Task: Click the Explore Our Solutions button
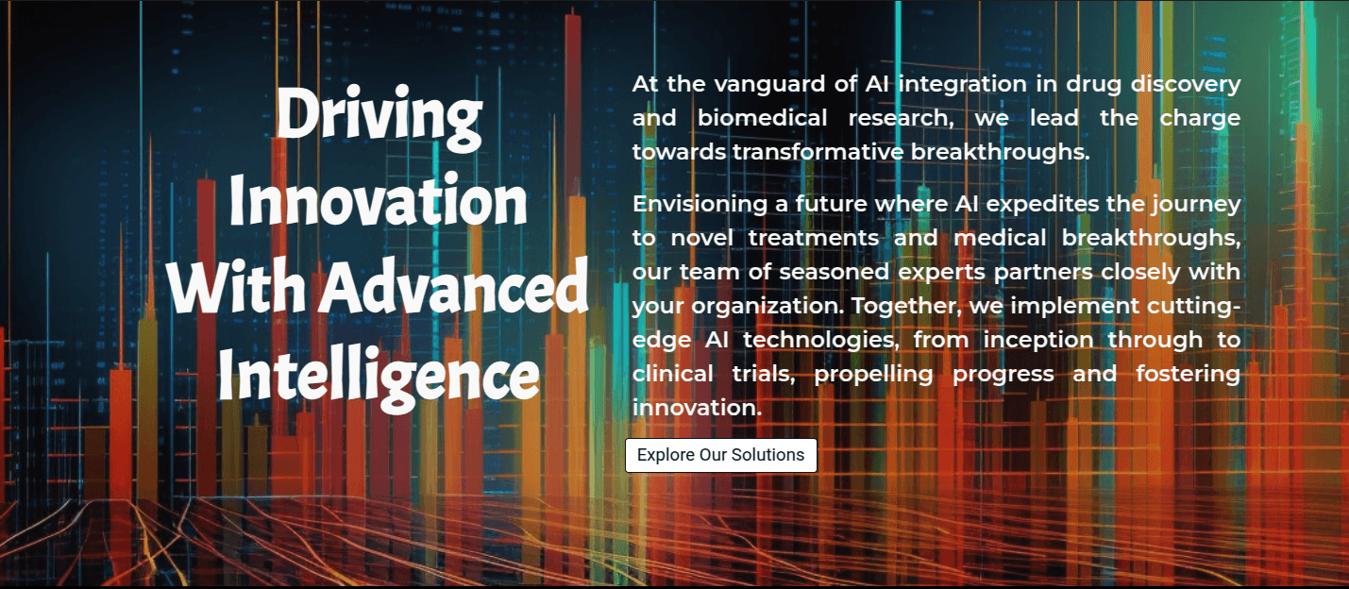[721, 455]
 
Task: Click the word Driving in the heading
[379, 116]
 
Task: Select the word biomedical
[763, 118]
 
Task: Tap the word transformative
[818, 152]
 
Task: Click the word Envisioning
[700, 204]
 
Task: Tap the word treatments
[813, 238]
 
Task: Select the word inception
[1038, 340]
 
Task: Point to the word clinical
[673, 374]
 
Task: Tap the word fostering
[1188, 374]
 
